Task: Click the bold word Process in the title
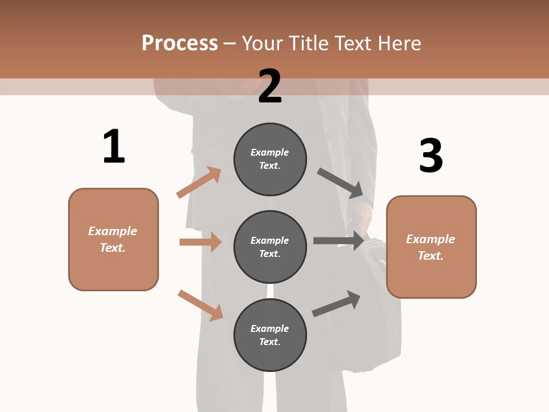180,43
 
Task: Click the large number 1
114,146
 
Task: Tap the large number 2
270,86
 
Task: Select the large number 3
431,156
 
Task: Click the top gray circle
270,159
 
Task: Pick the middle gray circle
270,247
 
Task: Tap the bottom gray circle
270,335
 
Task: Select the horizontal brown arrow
200,242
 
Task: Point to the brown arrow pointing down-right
201,305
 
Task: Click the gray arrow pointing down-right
340,183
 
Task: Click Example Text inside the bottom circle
270,335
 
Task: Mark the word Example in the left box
113,231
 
